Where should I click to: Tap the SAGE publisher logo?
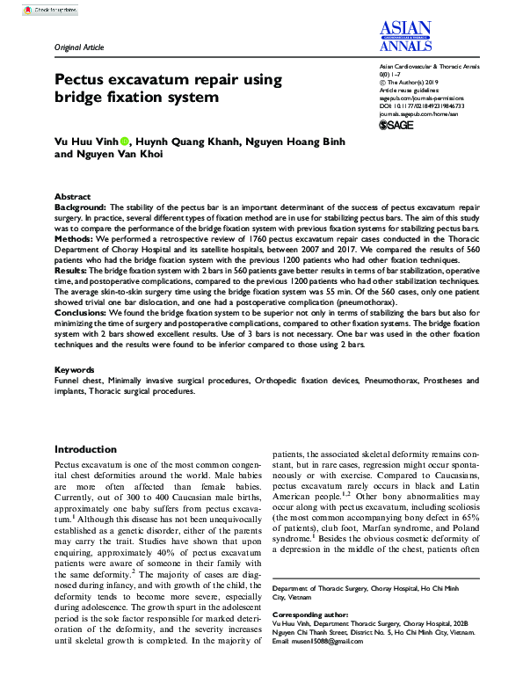[x=396, y=126]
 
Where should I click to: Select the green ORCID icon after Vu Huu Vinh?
[x=125, y=141]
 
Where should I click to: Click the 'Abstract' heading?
[x=72, y=197]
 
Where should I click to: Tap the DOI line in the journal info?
[x=421, y=105]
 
